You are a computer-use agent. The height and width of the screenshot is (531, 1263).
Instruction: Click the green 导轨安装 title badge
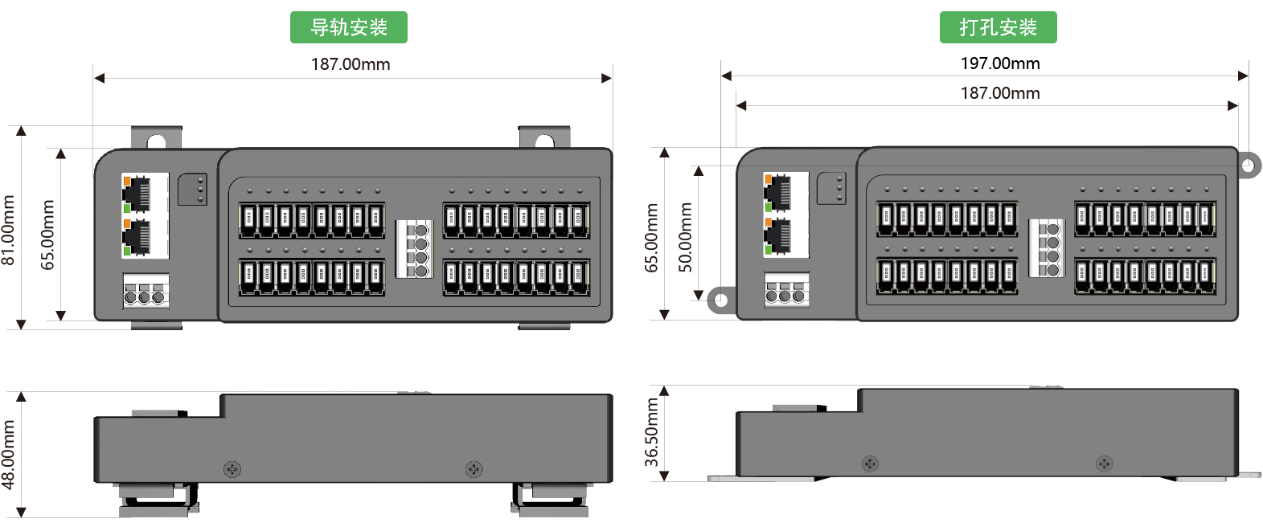pos(348,27)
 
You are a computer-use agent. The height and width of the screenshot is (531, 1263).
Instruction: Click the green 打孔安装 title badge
pos(998,27)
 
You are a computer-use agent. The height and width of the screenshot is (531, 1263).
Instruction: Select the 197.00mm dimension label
pos(1000,63)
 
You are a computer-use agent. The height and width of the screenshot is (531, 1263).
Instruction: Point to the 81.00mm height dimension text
pos(9,230)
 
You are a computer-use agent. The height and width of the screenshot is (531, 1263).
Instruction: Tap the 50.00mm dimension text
pos(685,237)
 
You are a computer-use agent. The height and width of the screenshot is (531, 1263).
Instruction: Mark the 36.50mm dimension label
pos(652,432)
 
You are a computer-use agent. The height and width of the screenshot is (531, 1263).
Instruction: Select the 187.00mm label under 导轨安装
pos(351,64)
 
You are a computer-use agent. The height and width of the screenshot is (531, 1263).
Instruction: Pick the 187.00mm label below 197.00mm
pos(1000,93)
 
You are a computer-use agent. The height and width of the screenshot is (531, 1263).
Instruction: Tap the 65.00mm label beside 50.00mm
pos(652,237)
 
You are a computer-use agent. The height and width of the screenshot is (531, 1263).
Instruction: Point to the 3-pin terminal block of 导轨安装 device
pos(146,292)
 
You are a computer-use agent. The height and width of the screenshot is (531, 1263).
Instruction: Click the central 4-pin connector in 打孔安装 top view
pos(1046,248)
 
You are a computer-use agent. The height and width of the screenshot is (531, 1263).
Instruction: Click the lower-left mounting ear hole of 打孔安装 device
pos(720,300)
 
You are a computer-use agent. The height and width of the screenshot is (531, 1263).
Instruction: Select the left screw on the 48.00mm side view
pos(232,469)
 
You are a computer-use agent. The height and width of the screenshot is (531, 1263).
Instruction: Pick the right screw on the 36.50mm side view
pos(1105,464)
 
